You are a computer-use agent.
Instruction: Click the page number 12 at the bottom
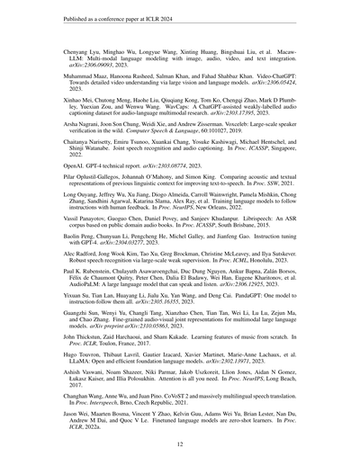pyautogui.click(x=180, y=444)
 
